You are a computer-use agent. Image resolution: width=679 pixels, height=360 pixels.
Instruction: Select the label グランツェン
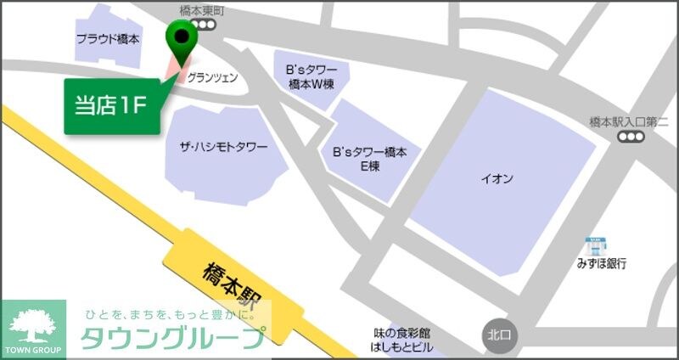[x=211, y=77]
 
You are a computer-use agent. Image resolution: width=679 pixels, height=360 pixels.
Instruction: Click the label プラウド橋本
[x=108, y=39]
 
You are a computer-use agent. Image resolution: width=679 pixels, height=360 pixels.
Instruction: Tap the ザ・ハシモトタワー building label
[x=222, y=148]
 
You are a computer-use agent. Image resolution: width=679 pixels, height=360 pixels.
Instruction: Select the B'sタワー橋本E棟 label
[x=370, y=159]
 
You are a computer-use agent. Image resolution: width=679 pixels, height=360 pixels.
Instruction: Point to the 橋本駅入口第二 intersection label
[x=629, y=122]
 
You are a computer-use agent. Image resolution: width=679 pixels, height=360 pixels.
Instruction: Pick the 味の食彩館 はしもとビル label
[x=401, y=340]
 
